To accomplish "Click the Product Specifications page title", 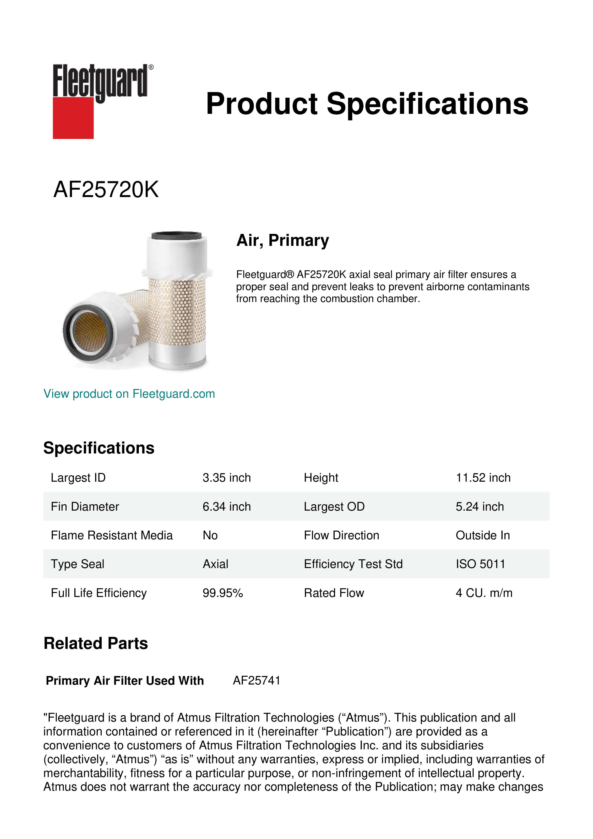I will coord(367,104).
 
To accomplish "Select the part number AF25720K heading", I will coord(106,190).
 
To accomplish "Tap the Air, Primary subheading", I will coord(283,240).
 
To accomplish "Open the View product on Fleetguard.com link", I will coord(129,394).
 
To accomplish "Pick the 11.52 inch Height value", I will coord(483,478).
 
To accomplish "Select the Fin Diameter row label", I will coord(85,507).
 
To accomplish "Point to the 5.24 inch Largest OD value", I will coord(479,507).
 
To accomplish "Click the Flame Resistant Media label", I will coord(111,535).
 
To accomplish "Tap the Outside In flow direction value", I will coord(482,535).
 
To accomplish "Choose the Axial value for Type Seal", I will coord(215,564).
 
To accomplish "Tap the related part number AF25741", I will coord(256,680).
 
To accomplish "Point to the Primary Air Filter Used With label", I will coord(125,681).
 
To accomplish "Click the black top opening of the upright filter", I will coord(176,235).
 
